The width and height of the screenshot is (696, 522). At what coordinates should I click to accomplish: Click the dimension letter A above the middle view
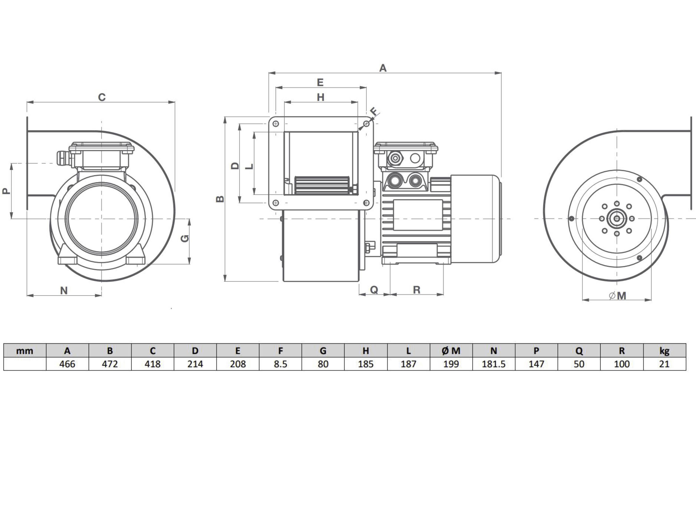(x=383, y=68)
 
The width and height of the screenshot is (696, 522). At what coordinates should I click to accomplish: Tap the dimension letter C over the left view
(x=102, y=97)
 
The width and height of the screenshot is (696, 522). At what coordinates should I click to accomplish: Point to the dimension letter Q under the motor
(x=374, y=290)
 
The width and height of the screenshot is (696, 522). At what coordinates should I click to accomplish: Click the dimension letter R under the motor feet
(x=416, y=290)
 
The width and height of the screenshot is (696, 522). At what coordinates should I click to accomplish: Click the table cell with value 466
(x=67, y=364)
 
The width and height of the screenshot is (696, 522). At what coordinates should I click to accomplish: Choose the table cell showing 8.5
(x=280, y=364)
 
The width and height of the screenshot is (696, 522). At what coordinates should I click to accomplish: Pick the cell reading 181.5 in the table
(x=494, y=364)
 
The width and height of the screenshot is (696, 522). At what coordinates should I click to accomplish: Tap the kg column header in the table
(x=664, y=350)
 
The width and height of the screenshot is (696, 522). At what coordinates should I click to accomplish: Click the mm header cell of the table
(x=25, y=350)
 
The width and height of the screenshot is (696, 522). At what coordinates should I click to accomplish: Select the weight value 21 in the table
(x=664, y=364)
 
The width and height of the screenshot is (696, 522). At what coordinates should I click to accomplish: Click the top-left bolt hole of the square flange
(x=276, y=124)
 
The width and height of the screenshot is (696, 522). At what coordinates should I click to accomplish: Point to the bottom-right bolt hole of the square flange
(x=366, y=203)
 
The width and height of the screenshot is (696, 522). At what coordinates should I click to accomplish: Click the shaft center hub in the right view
(x=617, y=218)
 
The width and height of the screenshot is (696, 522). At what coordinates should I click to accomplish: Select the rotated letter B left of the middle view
(x=220, y=199)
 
